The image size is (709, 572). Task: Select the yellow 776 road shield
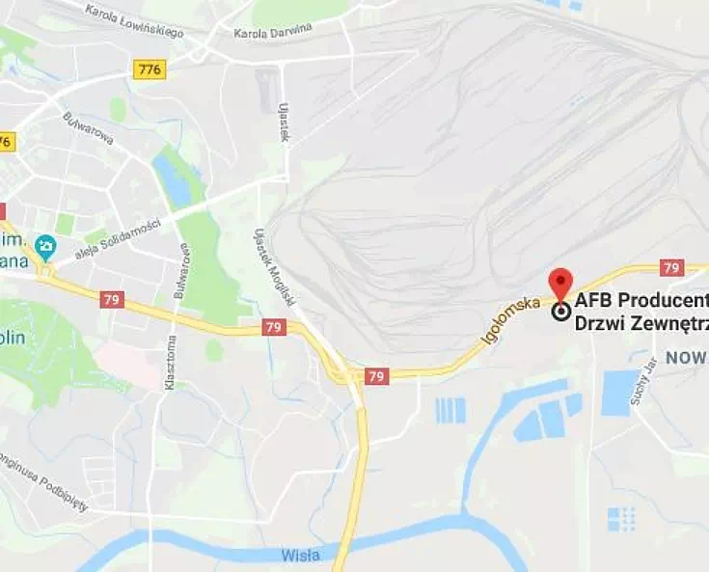150,68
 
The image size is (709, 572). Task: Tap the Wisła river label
302,556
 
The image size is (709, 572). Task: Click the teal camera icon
44,247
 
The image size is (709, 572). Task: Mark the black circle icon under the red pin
560,311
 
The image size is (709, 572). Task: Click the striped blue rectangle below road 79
450,410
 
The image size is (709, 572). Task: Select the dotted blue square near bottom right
621,519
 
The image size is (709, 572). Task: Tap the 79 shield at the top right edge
672,267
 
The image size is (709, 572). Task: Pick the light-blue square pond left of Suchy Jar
619,393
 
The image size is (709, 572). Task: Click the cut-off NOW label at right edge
686,358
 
